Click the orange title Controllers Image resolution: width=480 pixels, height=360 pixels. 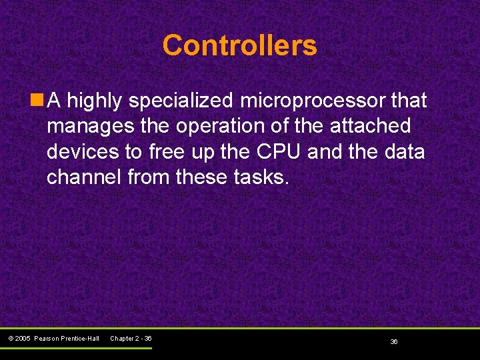(x=239, y=46)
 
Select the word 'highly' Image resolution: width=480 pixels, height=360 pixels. (x=95, y=101)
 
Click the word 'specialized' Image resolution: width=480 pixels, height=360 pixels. (x=181, y=101)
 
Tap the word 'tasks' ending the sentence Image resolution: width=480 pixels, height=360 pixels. (x=264, y=177)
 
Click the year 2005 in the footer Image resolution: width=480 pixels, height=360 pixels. (x=24, y=339)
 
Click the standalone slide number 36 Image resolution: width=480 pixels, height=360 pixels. (x=394, y=341)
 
